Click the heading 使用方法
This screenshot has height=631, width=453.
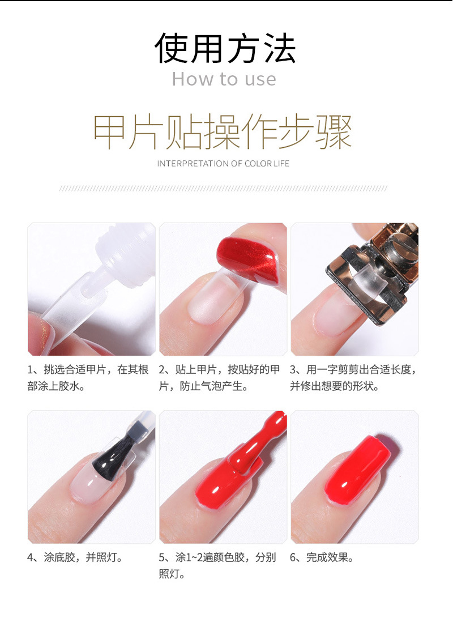tap(225, 48)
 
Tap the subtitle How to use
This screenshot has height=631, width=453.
tap(224, 79)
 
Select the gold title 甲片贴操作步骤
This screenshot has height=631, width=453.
tap(223, 131)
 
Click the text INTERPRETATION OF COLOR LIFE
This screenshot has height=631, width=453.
tap(223, 163)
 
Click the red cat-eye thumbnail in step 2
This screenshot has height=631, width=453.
tap(247, 259)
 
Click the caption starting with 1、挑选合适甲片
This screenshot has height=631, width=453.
tap(88, 378)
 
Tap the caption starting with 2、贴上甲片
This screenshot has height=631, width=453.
tap(219, 378)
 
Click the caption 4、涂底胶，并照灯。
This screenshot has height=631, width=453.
tap(75, 557)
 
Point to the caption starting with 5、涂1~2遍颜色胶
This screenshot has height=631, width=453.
tap(217, 565)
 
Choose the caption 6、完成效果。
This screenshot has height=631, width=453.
tap(322, 557)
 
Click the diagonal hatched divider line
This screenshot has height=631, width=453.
tap(223, 188)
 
